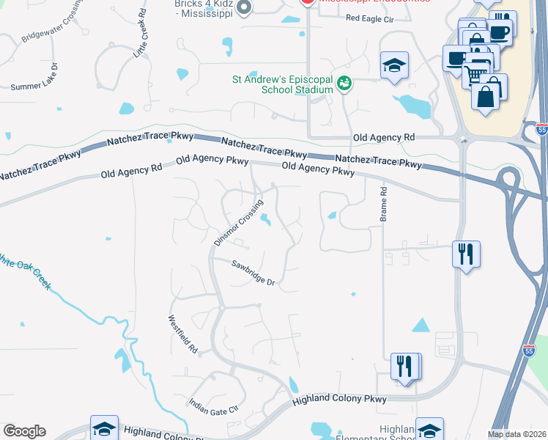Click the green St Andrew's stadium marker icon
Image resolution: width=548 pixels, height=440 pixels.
pyautogui.click(x=344, y=84)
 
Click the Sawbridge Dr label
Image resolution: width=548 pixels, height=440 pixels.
pyautogui.click(x=253, y=273)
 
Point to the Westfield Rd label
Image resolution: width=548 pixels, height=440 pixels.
pyautogui.click(x=183, y=334)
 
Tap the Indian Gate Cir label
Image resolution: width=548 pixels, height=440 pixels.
pyautogui.click(x=214, y=406)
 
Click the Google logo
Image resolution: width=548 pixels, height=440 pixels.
pyautogui.click(x=24, y=431)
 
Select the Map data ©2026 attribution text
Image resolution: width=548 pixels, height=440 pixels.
pyautogui.click(x=516, y=434)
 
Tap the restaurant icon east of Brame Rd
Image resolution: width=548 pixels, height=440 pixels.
pyautogui.click(x=466, y=254)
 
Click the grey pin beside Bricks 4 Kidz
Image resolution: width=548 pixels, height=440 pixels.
pyautogui.click(x=245, y=7)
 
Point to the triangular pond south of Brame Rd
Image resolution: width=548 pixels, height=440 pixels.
pyautogui.click(x=421, y=325)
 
